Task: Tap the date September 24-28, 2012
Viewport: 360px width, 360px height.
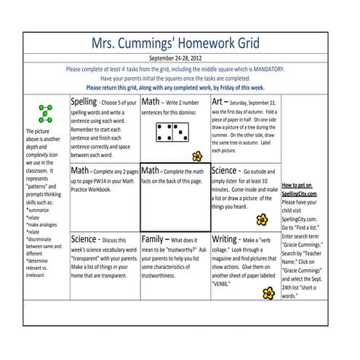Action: click(180, 57)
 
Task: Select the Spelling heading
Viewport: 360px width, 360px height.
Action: click(84, 102)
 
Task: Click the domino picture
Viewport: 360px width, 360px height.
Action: click(173, 132)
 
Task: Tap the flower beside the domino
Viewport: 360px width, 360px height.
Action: click(196, 156)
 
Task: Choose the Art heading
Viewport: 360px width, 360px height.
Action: click(220, 102)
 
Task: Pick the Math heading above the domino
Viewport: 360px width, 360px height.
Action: click(153, 102)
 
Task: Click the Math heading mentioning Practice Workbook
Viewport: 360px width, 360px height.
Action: click(81, 171)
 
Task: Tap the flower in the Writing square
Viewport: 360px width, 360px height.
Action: click(269, 292)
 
